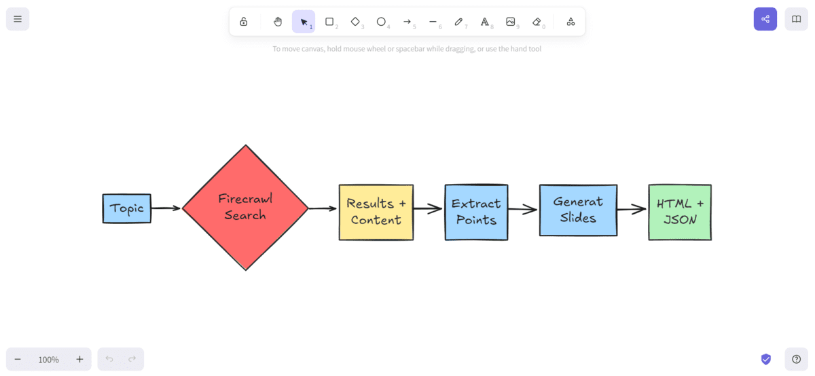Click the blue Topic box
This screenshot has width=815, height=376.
pyautogui.click(x=127, y=208)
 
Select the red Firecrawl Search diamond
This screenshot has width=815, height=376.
pyautogui.click(x=245, y=208)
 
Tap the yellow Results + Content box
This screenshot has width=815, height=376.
pyautogui.click(x=376, y=212)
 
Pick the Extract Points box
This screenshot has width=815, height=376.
pyautogui.click(x=476, y=212)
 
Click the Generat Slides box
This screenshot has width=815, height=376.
pyautogui.click(x=578, y=210)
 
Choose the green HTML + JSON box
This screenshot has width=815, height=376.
pyautogui.click(x=680, y=212)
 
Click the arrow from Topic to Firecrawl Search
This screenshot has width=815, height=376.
pyautogui.click(x=166, y=208)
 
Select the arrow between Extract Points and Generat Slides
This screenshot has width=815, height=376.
pyautogui.click(x=522, y=210)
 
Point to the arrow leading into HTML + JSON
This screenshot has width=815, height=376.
pyautogui.click(x=632, y=209)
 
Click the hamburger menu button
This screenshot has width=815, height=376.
pyautogui.click(x=18, y=19)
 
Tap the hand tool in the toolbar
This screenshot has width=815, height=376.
pyautogui.click(x=278, y=22)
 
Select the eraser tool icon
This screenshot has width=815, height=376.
pyautogui.click(x=537, y=22)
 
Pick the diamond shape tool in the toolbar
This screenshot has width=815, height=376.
pyautogui.click(x=355, y=22)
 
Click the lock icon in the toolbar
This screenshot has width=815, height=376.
pyautogui.click(x=244, y=22)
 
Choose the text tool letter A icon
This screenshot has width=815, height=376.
pyautogui.click(x=484, y=22)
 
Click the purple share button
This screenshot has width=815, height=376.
pyautogui.click(x=765, y=19)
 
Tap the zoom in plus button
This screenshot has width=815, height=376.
pyautogui.click(x=79, y=359)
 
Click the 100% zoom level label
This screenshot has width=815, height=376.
pyautogui.click(x=48, y=360)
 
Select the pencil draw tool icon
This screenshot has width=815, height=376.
pyautogui.click(x=458, y=22)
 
